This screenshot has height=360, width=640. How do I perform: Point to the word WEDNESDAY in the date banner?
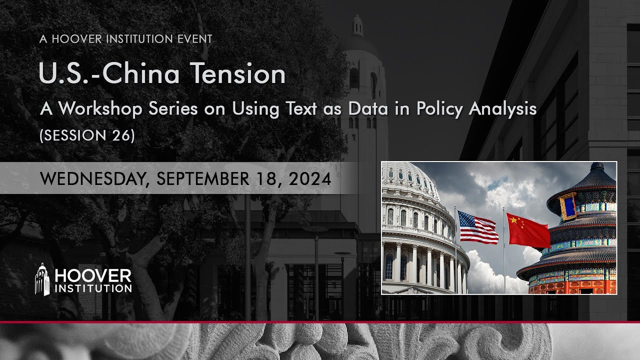91,178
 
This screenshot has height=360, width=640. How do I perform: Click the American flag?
477,227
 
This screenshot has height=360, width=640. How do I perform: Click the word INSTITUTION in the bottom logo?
93,288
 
